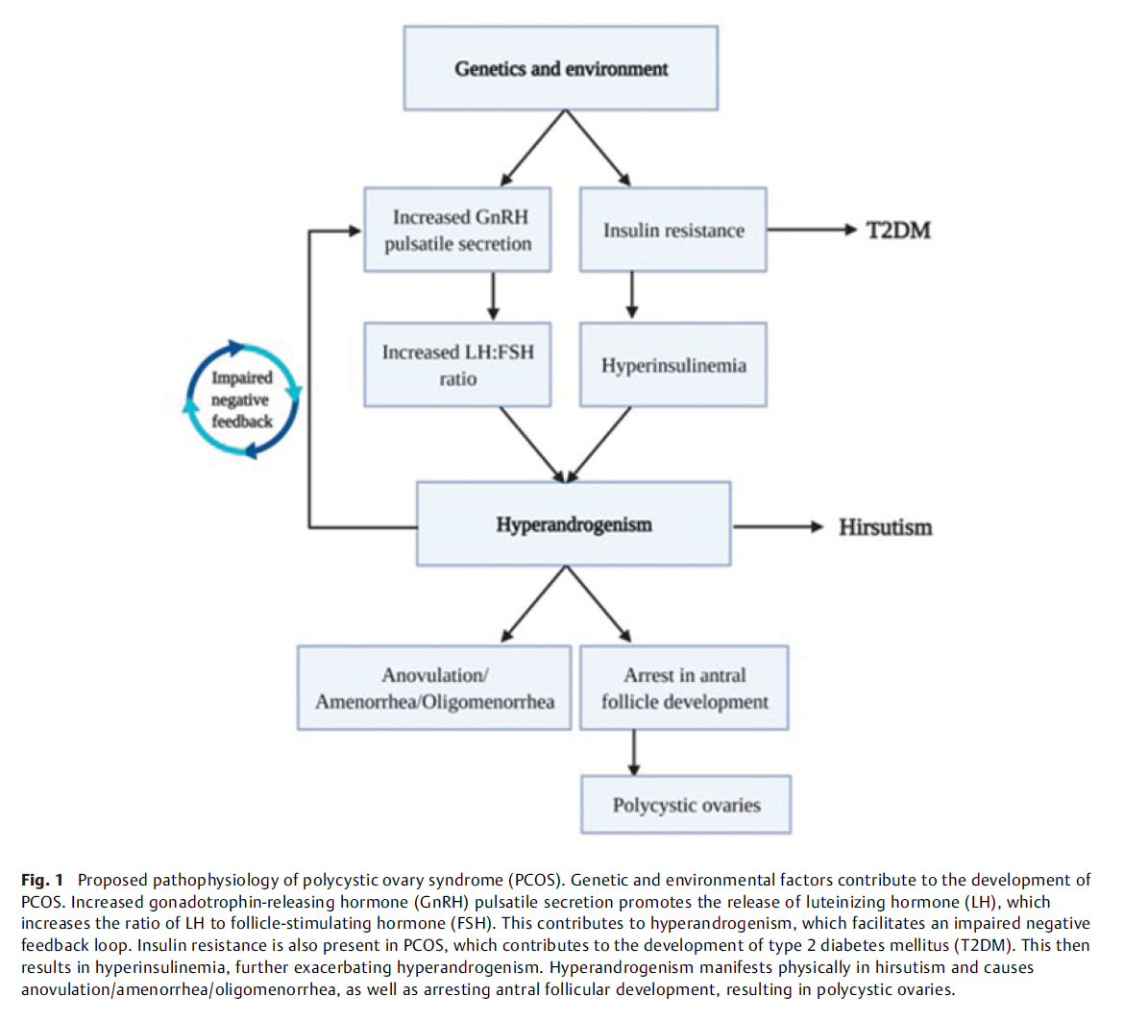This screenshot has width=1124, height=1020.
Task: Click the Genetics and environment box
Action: point(561,68)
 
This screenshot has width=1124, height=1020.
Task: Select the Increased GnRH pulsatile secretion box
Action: point(457,230)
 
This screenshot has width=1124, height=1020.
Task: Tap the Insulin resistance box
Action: point(673,230)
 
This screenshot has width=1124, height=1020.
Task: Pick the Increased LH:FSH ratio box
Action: point(457,365)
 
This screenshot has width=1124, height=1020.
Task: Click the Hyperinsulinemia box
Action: point(673,365)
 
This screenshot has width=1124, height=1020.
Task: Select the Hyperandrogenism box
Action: point(574,524)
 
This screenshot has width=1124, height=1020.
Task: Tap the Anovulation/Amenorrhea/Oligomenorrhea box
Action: point(434,688)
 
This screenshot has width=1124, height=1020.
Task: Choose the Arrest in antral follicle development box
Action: point(684,688)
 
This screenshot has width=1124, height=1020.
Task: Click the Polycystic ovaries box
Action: point(686,804)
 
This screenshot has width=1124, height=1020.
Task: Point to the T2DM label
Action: point(898,231)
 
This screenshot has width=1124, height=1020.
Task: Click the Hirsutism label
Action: point(886,527)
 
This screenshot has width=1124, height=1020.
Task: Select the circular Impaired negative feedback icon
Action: point(242,400)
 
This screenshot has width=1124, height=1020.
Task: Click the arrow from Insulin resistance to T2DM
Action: point(812,230)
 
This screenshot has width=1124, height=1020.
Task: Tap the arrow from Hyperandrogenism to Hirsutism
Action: point(778,527)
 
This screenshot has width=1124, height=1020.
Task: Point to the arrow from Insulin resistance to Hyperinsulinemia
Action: point(631,295)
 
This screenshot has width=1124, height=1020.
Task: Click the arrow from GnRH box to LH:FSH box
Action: point(493,295)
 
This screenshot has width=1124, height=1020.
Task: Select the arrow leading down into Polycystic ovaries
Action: point(634,753)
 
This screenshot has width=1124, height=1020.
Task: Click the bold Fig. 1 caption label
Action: point(42,880)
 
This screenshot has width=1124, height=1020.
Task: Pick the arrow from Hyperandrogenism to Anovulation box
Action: point(533,603)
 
